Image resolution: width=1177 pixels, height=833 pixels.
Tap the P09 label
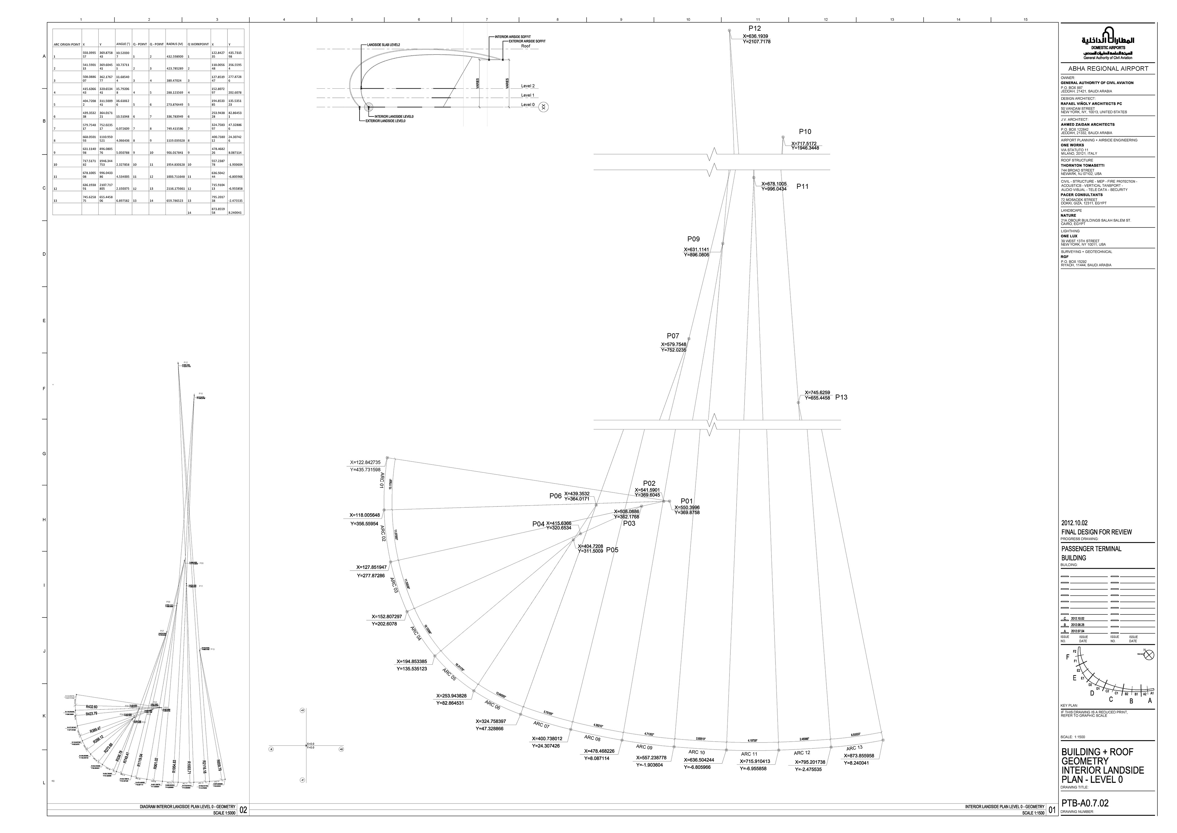(693, 239)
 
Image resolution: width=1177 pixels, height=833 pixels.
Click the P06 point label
(555, 496)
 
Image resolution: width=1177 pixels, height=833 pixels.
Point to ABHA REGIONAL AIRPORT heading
(1107, 69)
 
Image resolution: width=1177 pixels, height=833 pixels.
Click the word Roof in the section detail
(526, 46)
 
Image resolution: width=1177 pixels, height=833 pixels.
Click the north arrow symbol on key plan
(1149, 655)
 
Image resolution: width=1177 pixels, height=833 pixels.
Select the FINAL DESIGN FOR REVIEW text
(1096, 532)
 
